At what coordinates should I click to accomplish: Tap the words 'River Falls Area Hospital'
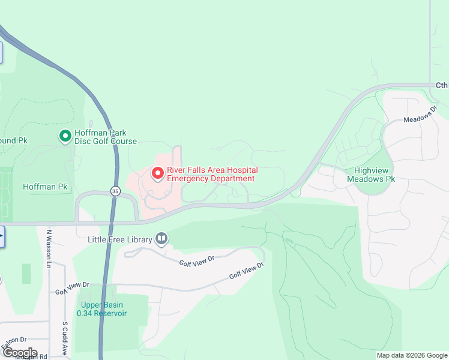click(212, 170)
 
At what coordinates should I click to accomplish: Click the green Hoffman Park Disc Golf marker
click(65, 137)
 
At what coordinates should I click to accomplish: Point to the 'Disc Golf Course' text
click(106, 142)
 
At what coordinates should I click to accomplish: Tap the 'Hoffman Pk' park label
click(45, 187)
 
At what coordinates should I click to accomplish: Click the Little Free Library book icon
click(161, 239)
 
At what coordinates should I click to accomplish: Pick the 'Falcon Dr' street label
click(14, 343)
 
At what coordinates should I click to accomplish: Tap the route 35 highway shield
click(115, 191)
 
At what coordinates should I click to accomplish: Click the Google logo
click(19, 352)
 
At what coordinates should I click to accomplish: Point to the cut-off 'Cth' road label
click(442, 85)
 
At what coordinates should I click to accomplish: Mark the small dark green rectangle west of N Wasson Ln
click(26, 274)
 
